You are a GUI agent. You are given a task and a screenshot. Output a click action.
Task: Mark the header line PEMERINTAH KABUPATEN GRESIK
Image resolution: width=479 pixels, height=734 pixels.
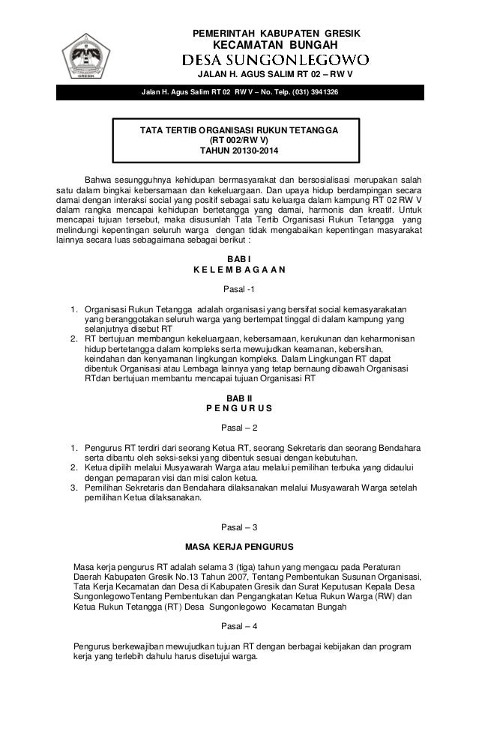[277, 31]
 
